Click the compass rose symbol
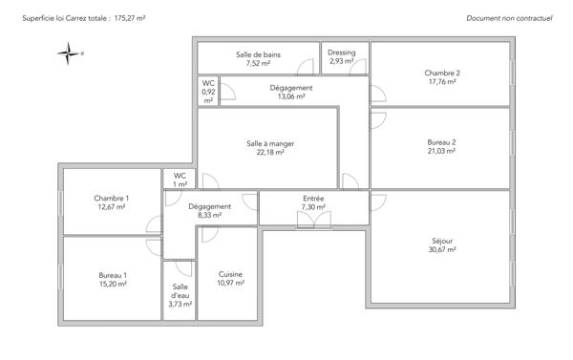pos(70,53)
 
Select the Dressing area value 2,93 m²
pos(342,62)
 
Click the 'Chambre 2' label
pos(442,74)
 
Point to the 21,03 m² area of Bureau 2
pos(442,151)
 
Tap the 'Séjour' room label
pos(442,242)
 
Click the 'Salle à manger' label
pos(270,143)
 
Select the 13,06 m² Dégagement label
pos(292,96)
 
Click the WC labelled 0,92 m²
pos(208,92)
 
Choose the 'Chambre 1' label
pos(112,198)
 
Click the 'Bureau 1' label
pos(112,275)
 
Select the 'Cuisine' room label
pos(231,274)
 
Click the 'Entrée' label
pos(313,198)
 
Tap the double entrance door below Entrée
pos(313,220)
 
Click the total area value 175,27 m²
pos(136,18)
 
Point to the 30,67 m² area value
pos(442,250)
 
